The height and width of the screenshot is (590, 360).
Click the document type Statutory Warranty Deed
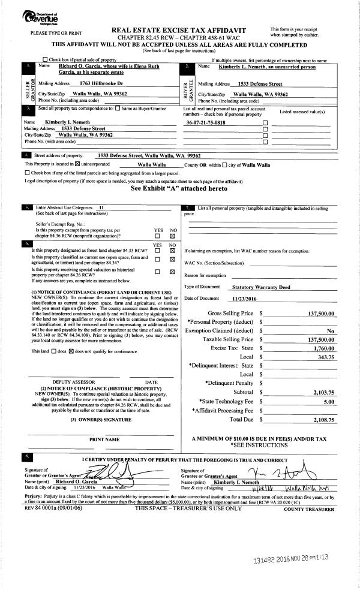click(261, 287)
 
